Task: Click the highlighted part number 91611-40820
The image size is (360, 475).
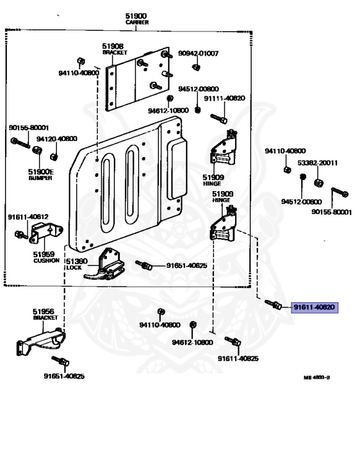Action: click(x=314, y=307)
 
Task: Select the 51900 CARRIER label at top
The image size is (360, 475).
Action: click(x=137, y=19)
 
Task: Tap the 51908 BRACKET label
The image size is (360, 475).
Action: click(x=114, y=49)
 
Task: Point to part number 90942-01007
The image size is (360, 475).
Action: click(x=198, y=53)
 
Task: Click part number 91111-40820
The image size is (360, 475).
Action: click(x=225, y=98)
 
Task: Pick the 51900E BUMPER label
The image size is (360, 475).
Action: click(x=40, y=175)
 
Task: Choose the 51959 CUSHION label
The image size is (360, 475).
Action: click(x=46, y=257)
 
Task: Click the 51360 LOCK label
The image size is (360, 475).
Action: click(x=77, y=264)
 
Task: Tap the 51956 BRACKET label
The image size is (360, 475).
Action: click(x=45, y=314)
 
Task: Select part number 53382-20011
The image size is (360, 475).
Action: click(x=317, y=163)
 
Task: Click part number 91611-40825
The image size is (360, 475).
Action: click(x=238, y=359)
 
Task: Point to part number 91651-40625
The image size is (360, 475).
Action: click(x=187, y=266)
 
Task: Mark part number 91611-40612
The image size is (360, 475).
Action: click(x=28, y=217)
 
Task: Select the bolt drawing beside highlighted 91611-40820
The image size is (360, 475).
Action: click(x=273, y=304)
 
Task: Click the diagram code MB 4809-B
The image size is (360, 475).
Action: click(x=317, y=377)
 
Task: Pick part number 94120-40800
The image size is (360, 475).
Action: click(x=57, y=139)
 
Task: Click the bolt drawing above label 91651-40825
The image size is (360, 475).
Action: click(x=60, y=361)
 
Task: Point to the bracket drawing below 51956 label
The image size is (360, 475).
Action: click(x=41, y=341)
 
